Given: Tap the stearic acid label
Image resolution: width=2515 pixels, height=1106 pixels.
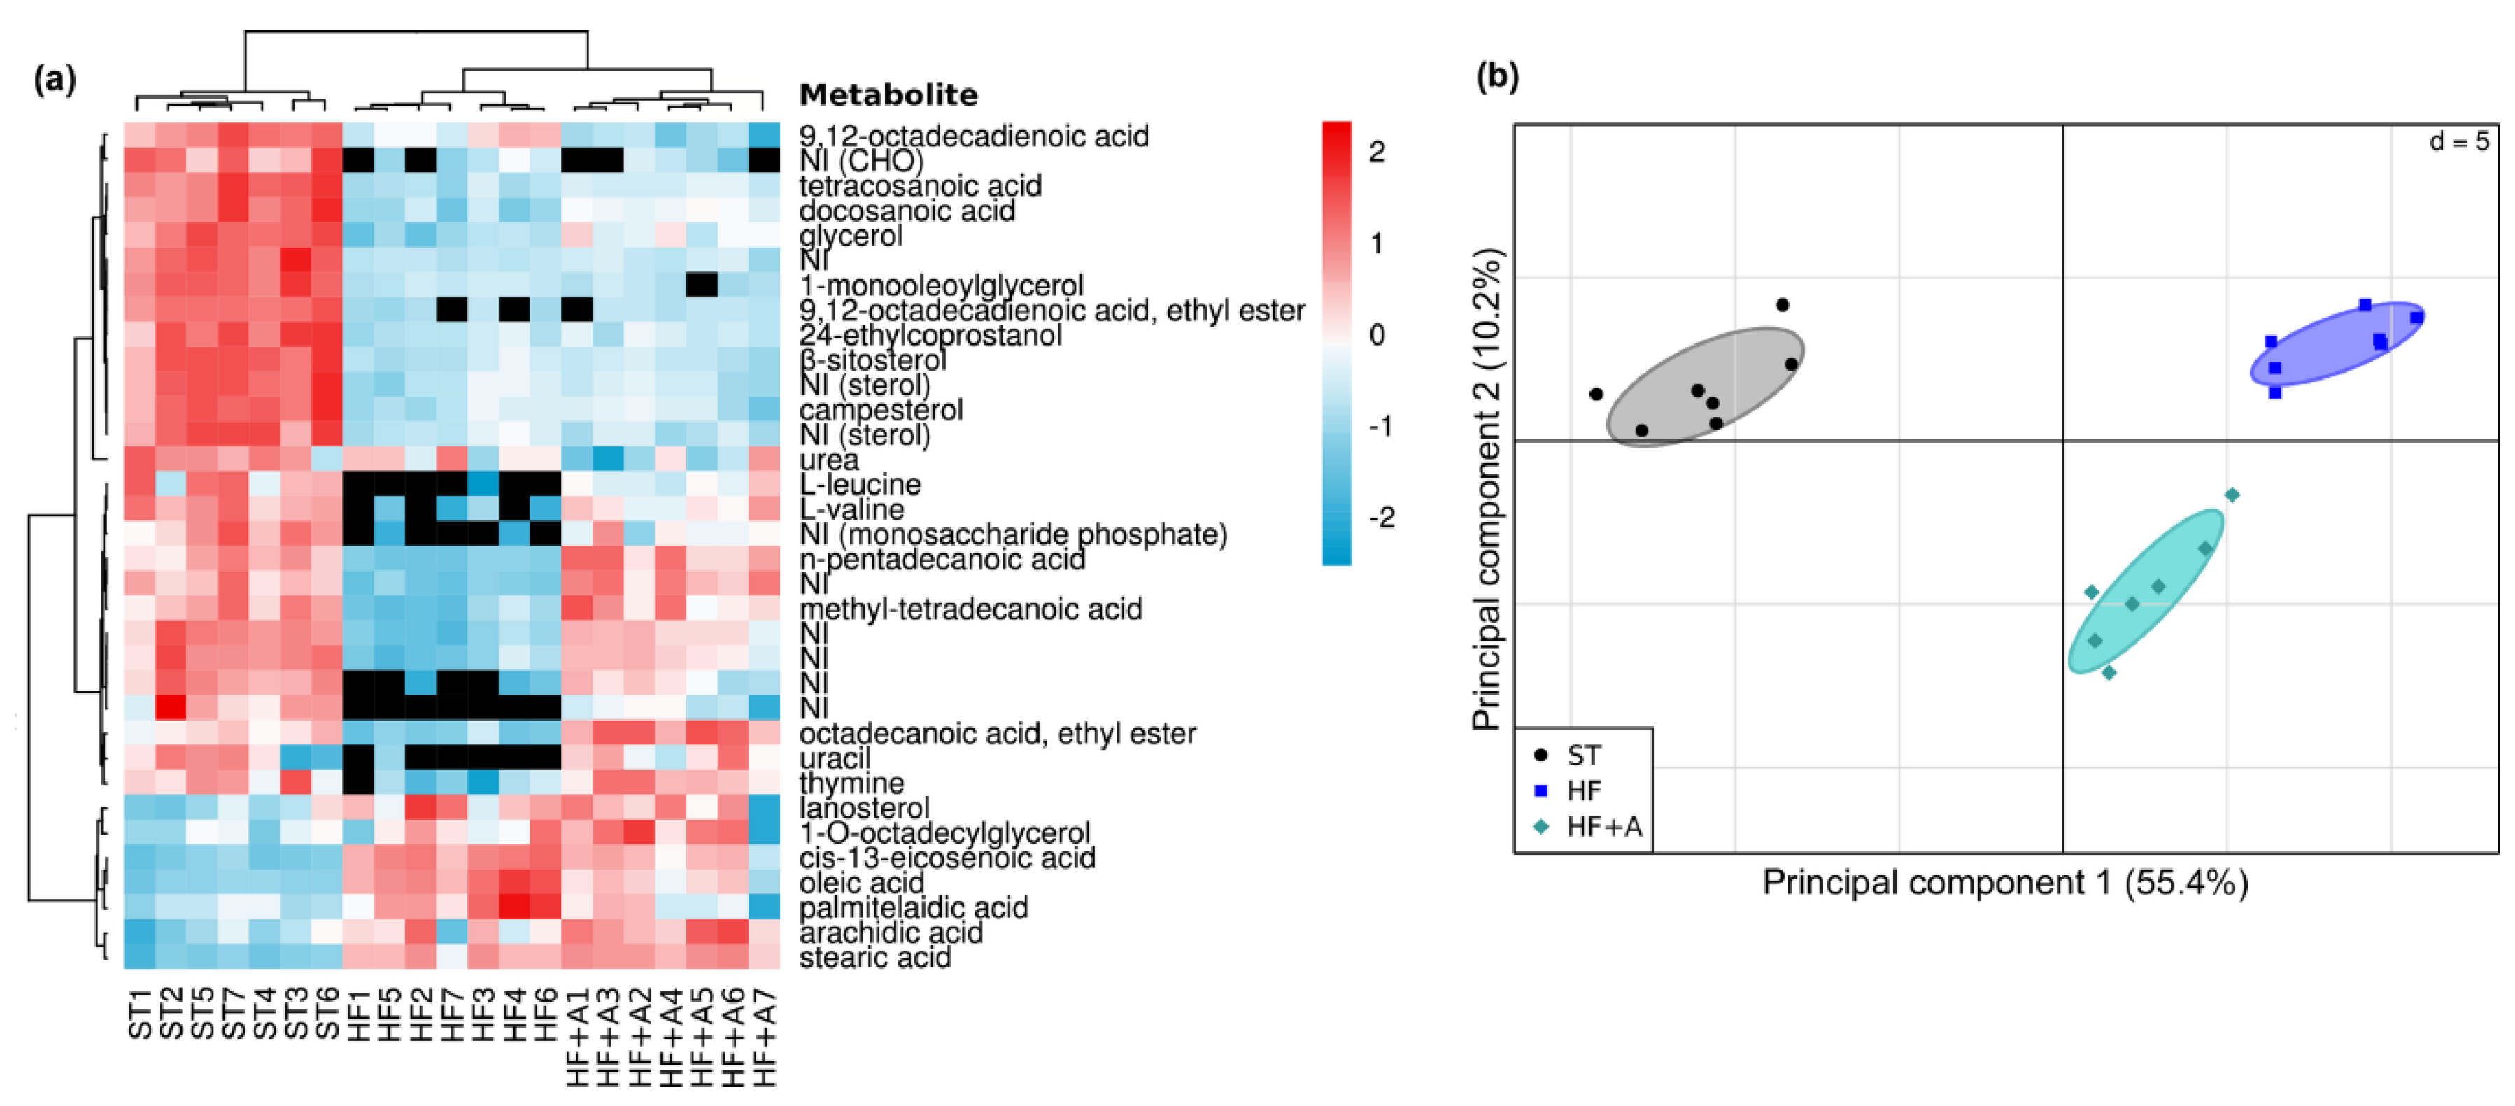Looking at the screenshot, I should point(874,958).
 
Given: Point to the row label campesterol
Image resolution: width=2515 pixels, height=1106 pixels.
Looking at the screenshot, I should point(881,410).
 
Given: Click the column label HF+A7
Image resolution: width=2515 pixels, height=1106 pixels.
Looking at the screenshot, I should point(765,1037).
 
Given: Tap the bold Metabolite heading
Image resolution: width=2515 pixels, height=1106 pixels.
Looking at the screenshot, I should point(888,94).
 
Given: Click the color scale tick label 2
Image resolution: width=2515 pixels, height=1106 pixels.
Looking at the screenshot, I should point(1377,151).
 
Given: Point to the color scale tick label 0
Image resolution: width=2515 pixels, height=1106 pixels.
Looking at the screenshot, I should point(1377,335).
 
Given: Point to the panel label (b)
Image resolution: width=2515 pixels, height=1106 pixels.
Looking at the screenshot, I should point(1496,76).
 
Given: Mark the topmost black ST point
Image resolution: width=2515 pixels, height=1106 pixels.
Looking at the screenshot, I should point(1782,304).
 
